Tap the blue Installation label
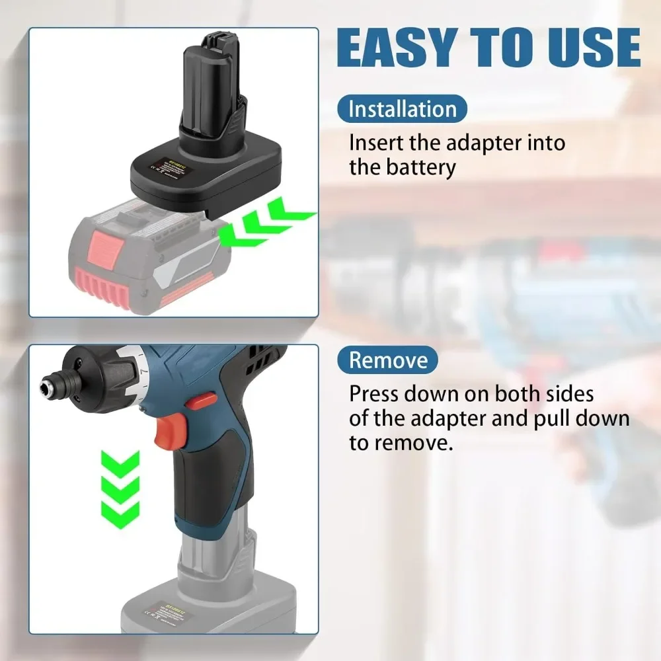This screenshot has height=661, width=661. point(402,108)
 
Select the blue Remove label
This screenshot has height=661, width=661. point(387,360)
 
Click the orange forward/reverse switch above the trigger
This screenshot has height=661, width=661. point(201,400)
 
